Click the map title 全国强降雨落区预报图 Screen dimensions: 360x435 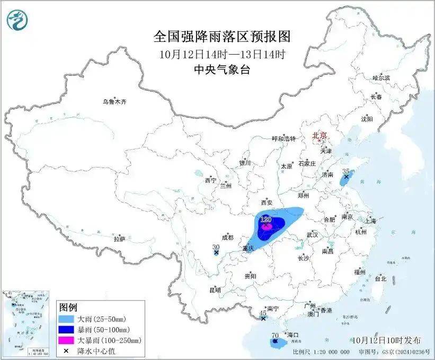223,37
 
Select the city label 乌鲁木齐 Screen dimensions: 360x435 115,101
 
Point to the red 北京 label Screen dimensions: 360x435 319,135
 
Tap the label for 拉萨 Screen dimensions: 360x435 119,239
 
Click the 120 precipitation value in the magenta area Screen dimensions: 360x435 267,219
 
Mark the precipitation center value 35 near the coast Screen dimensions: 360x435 346,172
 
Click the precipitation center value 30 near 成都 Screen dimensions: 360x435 216,247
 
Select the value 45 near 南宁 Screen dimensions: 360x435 263,313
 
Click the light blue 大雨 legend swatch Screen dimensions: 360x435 67,319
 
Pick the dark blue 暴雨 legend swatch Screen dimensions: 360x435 67,329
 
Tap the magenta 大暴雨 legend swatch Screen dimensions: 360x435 67,339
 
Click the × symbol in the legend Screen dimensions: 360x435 67,349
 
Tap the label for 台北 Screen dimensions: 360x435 380,278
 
